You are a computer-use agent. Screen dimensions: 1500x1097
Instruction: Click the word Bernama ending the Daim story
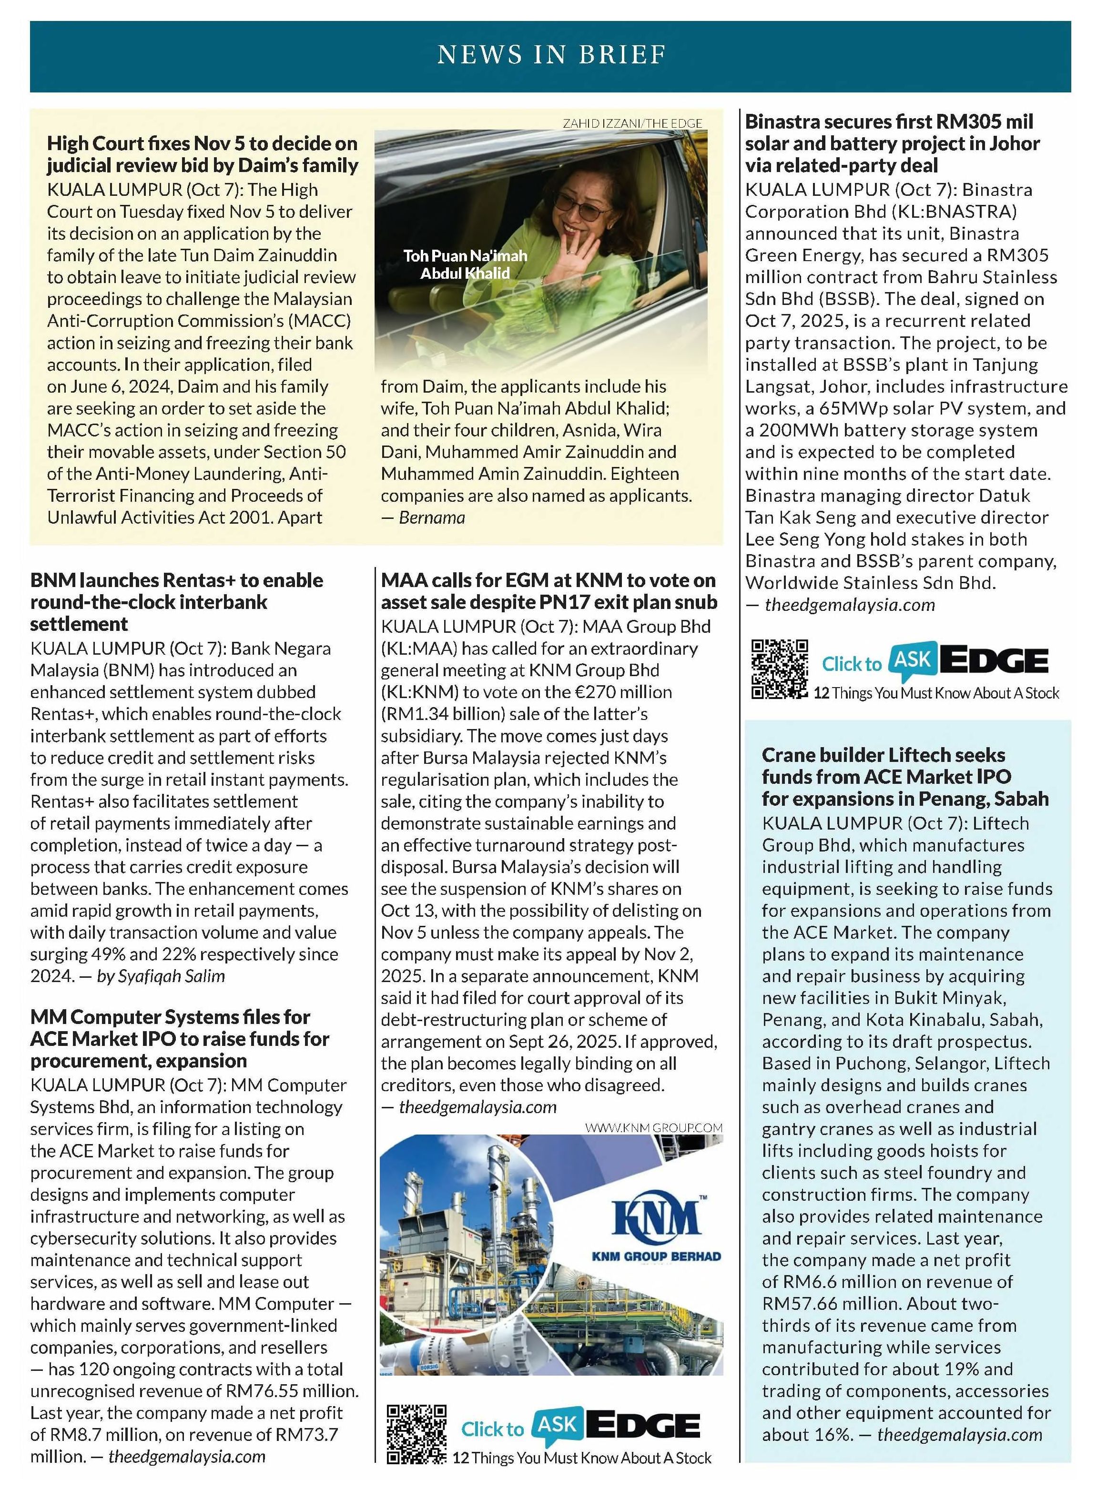tap(432, 517)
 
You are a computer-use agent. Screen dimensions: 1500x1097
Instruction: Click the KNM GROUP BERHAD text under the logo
tap(656, 1256)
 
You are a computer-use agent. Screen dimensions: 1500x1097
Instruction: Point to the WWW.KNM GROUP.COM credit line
tap(653, 1127)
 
